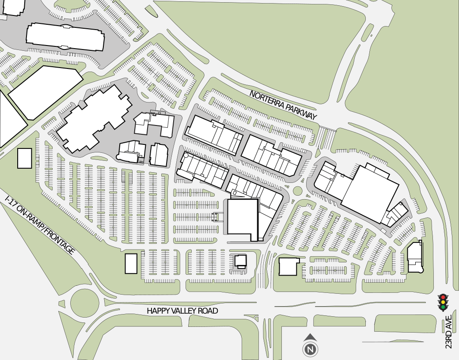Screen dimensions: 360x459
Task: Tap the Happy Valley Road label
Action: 182,311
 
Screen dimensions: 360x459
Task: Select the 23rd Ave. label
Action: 449,332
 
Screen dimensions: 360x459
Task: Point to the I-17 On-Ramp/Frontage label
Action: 39,225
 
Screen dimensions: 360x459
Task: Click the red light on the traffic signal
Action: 443,297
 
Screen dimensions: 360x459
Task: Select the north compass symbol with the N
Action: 310,349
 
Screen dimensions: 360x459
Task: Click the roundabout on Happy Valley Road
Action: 80,304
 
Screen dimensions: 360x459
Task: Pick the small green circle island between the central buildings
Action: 297,191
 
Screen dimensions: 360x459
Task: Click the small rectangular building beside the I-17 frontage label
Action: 25,158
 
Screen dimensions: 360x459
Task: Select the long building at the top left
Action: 65,37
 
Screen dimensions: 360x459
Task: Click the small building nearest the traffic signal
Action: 414,258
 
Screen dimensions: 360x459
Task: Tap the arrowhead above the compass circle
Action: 310,337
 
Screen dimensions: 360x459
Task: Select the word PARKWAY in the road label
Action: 302,111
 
